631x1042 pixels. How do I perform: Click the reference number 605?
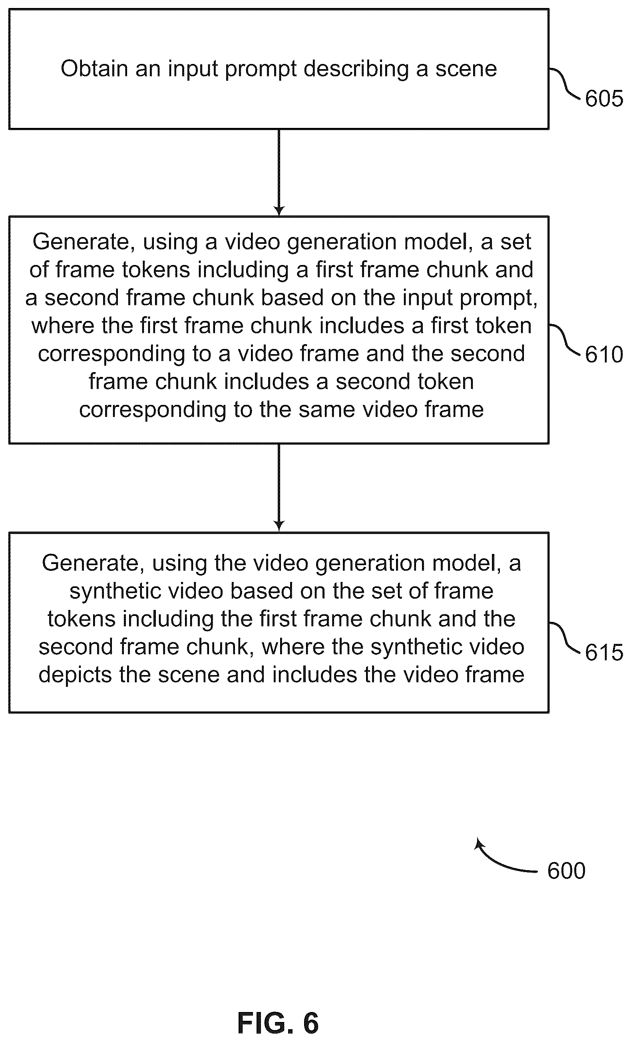(604, 99)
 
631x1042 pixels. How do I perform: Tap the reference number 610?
(604, 355)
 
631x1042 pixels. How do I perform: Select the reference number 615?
(604, 652)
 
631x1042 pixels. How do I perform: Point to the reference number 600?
(566, 871)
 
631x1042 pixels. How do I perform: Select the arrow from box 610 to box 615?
(279, 488)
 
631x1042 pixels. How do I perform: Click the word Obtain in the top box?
(94, 68)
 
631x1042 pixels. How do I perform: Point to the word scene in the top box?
(466, 69)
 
